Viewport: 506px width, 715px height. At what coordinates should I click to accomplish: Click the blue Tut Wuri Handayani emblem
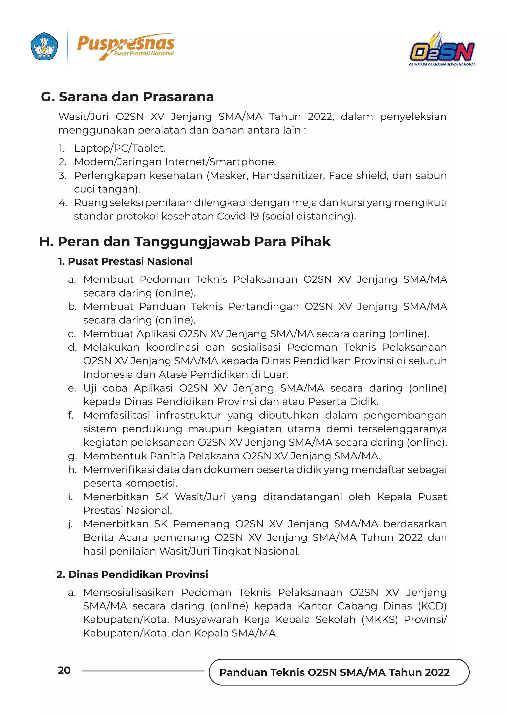coord(44,46)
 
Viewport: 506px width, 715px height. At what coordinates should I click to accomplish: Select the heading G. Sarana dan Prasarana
coord(127,97)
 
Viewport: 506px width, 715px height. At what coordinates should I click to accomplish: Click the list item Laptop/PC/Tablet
coord(120,148)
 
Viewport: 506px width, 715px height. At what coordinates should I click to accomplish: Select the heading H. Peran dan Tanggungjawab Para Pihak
coord(185,242)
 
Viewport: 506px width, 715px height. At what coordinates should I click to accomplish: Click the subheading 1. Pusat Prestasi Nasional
coord(125,261)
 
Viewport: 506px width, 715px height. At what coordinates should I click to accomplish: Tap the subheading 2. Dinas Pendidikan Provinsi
coord(132,574)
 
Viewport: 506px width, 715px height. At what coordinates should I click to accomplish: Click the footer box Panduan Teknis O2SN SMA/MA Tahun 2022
coord(335,672)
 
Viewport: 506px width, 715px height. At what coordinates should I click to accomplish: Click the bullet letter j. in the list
coord(70,524)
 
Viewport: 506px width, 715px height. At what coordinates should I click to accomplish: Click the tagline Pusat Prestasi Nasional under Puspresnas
coord(144,54)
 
